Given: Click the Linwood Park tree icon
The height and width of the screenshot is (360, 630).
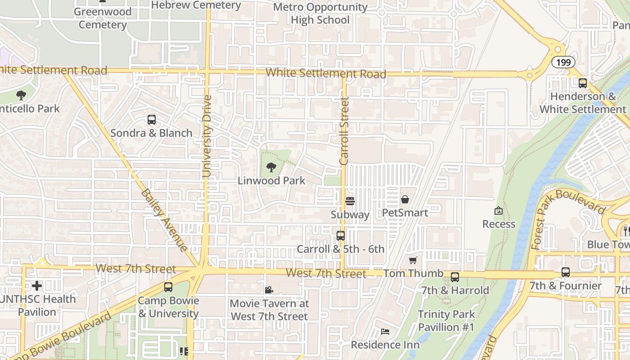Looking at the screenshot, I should pyautogui.click(x=271, y=167).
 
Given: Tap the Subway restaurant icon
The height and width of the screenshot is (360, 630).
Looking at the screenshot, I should pyautogui.click(x=350, y=201).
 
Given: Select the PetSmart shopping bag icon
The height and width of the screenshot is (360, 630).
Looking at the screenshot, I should pyautogui.click(x=405, y=199).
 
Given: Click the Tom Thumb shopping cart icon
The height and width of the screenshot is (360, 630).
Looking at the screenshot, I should pyautogui.click(x=413, y=260).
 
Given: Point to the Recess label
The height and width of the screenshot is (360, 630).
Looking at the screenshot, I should pyautogui.click(x=499, y=224).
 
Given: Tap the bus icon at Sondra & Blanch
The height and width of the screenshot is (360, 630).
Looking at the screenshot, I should pyautogui.click(x=152, y=120).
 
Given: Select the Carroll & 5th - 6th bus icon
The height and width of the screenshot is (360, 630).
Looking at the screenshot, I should pyautogui.click(x=341, y=235).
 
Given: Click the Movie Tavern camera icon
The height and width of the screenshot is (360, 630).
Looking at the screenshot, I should pyautogui.click(x=269, y=290).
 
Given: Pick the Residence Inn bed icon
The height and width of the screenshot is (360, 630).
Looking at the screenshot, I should pyautogui.click(x=385, y=332).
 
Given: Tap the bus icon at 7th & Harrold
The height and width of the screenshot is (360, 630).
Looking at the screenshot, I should pyautogui.click(x=455, y=277).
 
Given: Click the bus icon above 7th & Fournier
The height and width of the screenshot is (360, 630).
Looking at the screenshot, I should pyautogui.click(x=566, y=272).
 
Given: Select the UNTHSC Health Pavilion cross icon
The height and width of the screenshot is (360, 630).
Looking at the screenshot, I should pyautogui.click(x=37, y=286).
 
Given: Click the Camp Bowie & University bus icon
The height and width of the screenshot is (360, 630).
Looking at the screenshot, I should pyautogui.click(x=168, y=287).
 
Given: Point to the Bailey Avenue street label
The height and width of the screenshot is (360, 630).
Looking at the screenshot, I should pyautogui.click(x=164, y=220).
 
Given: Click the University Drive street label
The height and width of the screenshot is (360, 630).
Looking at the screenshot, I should pyautogui.click(x=207, y=136).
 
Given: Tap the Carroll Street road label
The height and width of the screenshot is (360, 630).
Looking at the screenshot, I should pyautogui.click(x=344, y=130).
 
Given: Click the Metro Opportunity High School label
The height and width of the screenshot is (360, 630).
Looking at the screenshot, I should pyautogui.click(x=320, y=13).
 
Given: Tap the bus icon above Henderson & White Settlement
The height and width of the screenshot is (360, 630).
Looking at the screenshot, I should pyautogui.click(x=583, y=83).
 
